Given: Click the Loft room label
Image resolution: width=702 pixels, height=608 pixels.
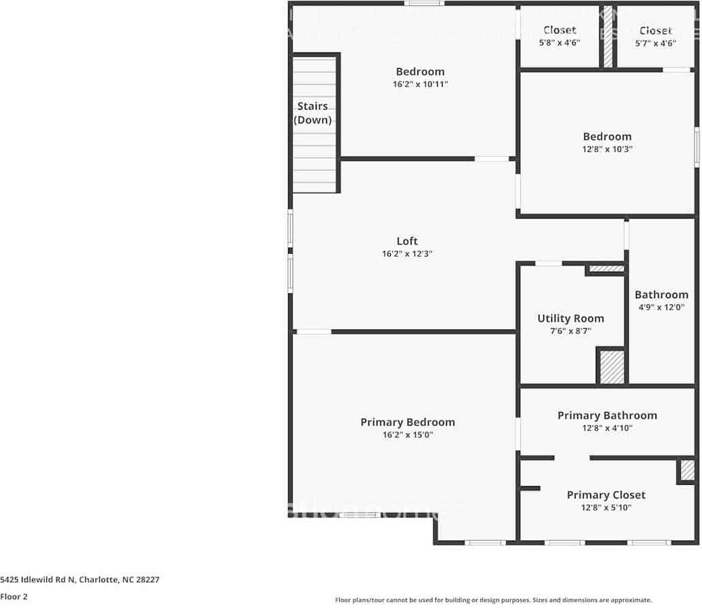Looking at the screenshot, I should [x=407, y=241].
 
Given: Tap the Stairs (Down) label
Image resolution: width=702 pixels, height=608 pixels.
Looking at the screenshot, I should [x=313, y=113].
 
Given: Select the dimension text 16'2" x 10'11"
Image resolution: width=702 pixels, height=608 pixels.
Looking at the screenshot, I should [x=420, y=84].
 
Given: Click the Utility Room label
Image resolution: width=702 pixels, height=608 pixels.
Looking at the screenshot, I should [x=571, y=318].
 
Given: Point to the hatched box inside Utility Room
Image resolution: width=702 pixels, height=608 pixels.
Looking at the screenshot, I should [x=611, y=366].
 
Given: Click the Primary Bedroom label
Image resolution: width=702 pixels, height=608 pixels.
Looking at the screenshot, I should [x=407, y=422].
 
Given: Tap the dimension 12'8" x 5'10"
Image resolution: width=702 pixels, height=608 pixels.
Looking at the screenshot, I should [x=606, y=508].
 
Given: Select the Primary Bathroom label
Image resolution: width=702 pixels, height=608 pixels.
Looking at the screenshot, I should [x=607, y=415].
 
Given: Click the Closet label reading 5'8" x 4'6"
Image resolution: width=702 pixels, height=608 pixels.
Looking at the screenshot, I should [x=560, y=30].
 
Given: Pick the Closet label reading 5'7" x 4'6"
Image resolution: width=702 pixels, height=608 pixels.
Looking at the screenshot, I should [x=656, y=31].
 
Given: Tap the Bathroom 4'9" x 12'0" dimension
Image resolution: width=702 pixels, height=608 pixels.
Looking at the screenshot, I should [x=661, y=307].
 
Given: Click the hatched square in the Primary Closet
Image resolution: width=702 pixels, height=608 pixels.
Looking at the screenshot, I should [x=687, y=470].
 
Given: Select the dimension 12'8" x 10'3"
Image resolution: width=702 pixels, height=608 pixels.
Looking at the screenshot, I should [x=607, y=149].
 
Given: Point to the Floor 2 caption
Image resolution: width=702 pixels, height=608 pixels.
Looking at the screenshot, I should [x=14, y=596].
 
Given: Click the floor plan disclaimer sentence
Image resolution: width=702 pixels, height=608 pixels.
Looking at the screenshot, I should [x=493, y=600].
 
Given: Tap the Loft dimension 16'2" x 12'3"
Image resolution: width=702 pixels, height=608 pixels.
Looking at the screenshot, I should [x=407, y=253].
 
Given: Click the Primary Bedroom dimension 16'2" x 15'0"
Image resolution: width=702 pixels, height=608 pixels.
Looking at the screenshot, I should [x=407, y=434].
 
